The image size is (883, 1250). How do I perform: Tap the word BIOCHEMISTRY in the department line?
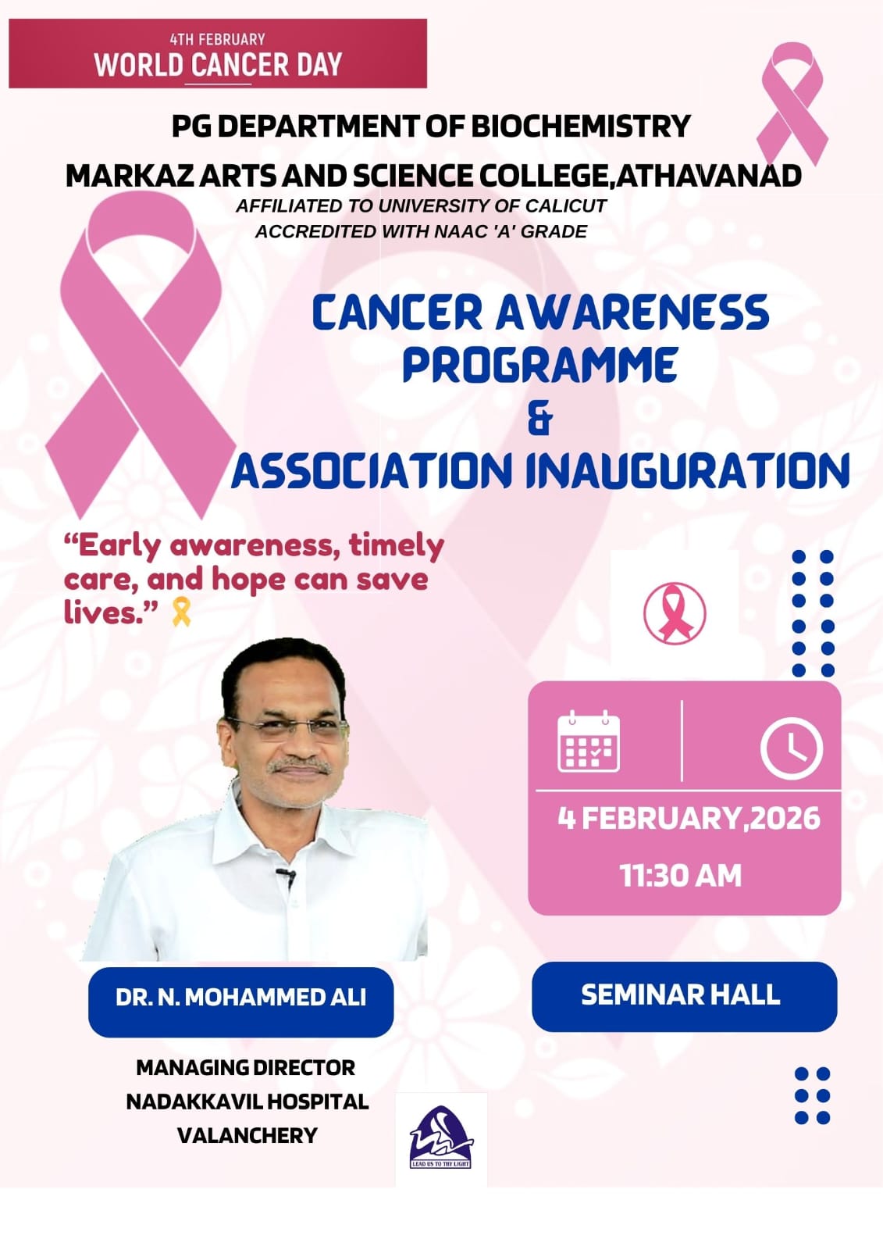click(581, 126)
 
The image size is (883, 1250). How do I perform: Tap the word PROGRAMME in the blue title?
click(540, 365)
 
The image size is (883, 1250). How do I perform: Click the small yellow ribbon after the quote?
click(181, 612)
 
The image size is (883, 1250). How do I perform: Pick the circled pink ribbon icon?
click(675, 613)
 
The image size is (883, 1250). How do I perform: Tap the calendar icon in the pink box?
click(589, 741)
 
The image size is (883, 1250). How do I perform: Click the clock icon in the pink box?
click(792, 748)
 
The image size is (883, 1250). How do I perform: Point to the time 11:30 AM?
click(681, 875)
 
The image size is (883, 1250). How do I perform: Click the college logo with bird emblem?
click(440, 1137)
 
